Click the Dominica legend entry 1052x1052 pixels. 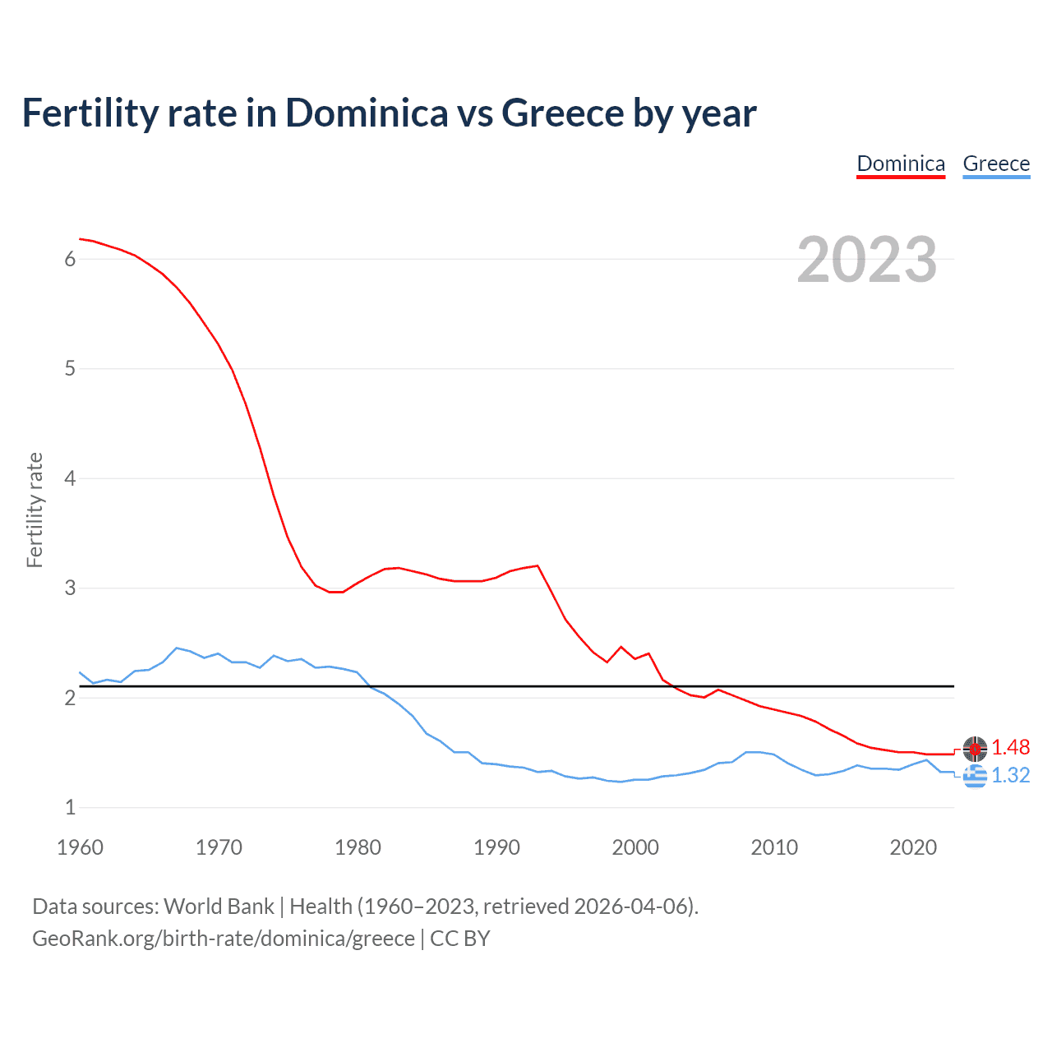coord(901,164)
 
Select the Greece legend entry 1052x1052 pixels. coord(996,164)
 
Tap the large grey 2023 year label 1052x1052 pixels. coord(867,260)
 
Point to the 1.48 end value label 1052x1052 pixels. coord(1010,747)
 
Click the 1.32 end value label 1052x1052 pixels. coord(1010,775)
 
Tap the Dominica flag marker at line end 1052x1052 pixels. coord(975,748)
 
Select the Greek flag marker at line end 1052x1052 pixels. coord(975,775)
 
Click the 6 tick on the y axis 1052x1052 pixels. coord(70,259)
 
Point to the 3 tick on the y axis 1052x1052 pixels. coord(70,588)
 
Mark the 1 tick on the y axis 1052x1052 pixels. coord(70,807)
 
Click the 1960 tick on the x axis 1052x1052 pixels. coord(80,847)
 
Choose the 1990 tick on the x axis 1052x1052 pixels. coord(496,847)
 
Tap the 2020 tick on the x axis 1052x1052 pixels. coord(913,847)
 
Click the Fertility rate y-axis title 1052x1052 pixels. coord(35,510)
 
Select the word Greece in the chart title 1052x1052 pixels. coord(563,113)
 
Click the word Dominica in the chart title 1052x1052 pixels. coord(367,113)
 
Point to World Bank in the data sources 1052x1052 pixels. coord(219,907)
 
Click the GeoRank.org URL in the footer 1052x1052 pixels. coord(224,939)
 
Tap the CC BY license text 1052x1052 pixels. coord(460,939)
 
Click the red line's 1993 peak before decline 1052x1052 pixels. coord(538,565)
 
